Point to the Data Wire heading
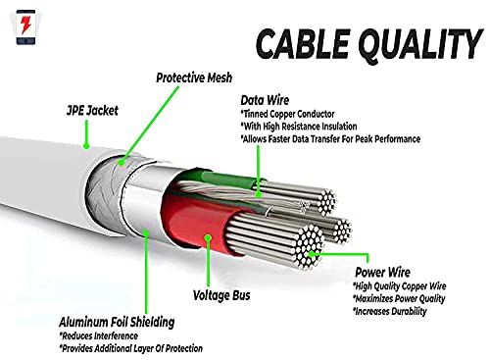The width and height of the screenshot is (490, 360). point(266,100)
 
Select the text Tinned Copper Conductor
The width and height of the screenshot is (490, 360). point(299,113)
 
